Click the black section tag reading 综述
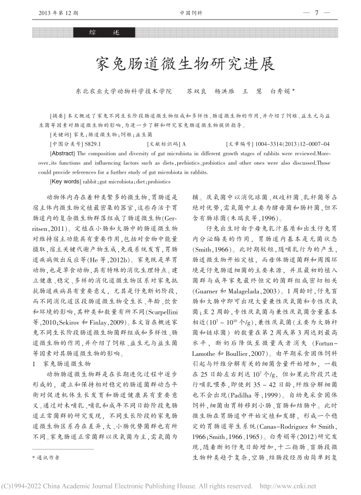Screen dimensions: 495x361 100,33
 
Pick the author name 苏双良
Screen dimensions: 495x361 196,91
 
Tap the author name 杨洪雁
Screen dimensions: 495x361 223,91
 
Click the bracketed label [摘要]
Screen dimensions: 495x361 57,116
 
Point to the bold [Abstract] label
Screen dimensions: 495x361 63,154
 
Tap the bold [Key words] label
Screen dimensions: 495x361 65,180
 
